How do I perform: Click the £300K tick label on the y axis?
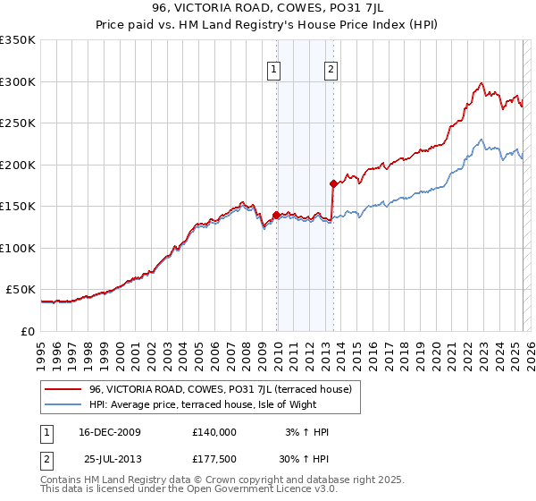pos(19,81)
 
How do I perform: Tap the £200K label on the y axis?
pos(19,165)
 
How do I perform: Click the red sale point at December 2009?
pos(276,215)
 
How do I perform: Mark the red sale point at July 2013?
pos(333,183)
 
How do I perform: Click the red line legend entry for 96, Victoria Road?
pos(222,389)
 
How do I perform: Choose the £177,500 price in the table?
pos(214,459)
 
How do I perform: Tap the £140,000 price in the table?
pos(214,432)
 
